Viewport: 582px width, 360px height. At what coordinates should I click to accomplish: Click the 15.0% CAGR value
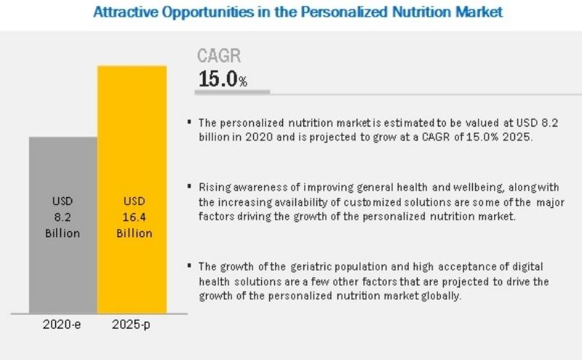click(x=222, y=79)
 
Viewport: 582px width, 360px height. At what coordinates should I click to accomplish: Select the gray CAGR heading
click(x=219, y=56)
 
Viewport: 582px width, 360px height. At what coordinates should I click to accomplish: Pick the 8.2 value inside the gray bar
click(x=63, y=217)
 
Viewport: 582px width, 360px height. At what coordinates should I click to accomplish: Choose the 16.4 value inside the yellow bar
click(x=132, y=217)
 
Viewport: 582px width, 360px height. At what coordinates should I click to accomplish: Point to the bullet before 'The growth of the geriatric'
click(x=190, y=267)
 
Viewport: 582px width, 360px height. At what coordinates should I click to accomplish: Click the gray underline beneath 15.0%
click(x=234, y=92)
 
